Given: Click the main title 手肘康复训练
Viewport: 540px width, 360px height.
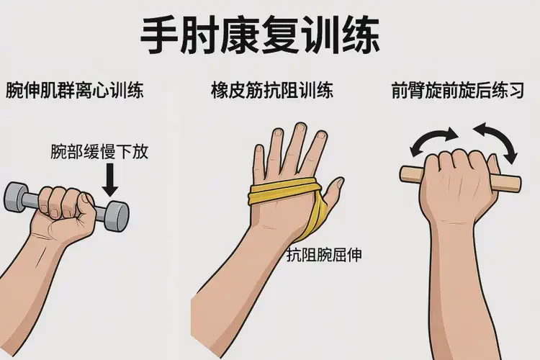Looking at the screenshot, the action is (260, 36).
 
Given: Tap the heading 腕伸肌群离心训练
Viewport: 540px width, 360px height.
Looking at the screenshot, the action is (74, 90).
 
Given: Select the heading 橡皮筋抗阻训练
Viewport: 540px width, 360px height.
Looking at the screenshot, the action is (272, 90).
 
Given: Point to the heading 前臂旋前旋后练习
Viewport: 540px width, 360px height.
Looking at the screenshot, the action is (458, 90).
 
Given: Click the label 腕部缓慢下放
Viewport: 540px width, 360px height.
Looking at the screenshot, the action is (99, 152).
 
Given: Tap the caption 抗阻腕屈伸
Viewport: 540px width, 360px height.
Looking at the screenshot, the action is (324, 256).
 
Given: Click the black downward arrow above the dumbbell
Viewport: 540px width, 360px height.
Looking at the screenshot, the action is (110, 180).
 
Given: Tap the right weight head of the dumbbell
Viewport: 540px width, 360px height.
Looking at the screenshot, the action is (116, 216).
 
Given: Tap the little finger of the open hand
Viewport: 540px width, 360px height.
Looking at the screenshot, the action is (258, 162).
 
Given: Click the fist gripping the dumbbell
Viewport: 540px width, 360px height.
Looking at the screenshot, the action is (66, 208).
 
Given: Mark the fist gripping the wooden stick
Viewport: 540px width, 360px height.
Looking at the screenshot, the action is (459, 183).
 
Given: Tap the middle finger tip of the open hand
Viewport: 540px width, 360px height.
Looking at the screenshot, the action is (301, 127).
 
